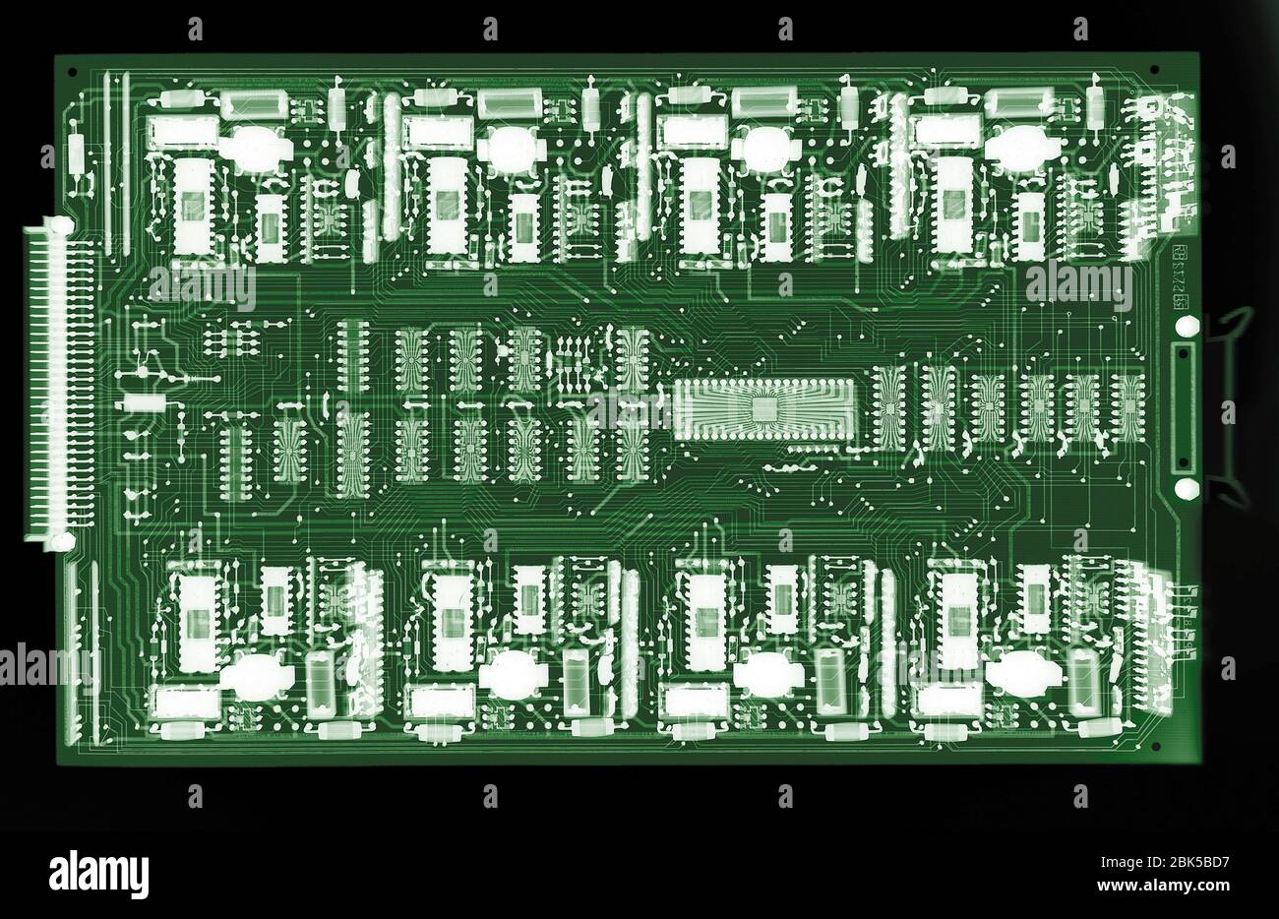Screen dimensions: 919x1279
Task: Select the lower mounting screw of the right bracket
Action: (1186, 489)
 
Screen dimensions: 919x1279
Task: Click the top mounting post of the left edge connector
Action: (61, 226)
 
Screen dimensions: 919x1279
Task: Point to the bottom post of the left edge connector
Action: (61, 540)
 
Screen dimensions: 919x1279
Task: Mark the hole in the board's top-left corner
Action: (70, 71)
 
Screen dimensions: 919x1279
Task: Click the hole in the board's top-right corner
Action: (1153, 70)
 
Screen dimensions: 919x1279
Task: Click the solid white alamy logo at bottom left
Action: (98, 873)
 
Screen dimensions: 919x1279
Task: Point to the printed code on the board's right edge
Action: (1179, 278)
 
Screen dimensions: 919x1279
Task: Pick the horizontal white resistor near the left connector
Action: (144, 403)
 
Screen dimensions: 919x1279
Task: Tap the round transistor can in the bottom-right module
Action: (1023, 676)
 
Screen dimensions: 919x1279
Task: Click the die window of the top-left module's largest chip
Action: (193, 205)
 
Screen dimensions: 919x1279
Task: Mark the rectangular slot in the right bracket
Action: (1183, 407)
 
